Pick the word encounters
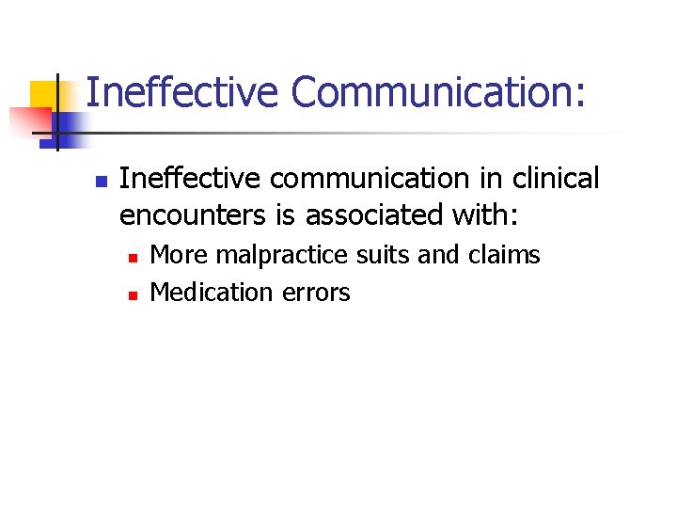[x=192, y=214]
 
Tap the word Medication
[x=212, y=293]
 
